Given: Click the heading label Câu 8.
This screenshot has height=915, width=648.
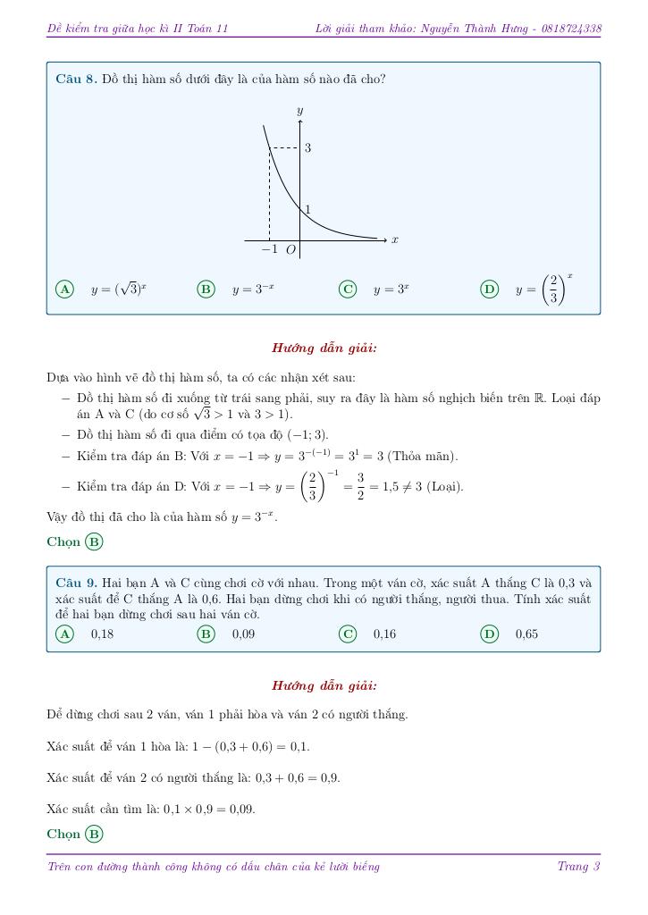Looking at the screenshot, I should [75, 79].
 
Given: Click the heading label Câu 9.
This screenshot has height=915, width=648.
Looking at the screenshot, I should [75, 583].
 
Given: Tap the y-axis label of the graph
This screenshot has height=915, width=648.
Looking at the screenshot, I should [299, 110].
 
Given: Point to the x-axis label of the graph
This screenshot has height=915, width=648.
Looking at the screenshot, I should [394, 239].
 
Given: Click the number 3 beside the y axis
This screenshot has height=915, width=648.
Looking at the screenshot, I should [307, 147].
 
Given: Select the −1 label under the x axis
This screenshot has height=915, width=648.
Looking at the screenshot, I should [270, 249].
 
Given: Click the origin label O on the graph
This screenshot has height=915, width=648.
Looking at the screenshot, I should [290, 250].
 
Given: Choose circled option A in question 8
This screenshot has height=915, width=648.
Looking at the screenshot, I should [64, 289].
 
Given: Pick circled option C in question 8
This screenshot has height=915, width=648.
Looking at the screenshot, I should [348, 289].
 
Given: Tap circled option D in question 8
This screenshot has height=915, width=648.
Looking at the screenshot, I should [489, 289].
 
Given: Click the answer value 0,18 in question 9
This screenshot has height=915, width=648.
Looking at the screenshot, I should [102, 634].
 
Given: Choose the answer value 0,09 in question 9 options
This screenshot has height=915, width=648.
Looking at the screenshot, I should [243, 634].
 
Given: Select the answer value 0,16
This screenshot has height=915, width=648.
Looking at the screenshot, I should [384, 634].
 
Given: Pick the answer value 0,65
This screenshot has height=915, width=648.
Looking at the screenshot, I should [526, 634].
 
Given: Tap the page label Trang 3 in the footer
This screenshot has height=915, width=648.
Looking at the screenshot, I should [578, 866].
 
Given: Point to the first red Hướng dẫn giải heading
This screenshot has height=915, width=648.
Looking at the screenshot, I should [324, 348].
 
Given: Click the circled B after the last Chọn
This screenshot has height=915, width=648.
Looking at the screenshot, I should [94, 834].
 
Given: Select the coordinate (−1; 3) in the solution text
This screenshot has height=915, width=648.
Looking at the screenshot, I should [305, 435].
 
